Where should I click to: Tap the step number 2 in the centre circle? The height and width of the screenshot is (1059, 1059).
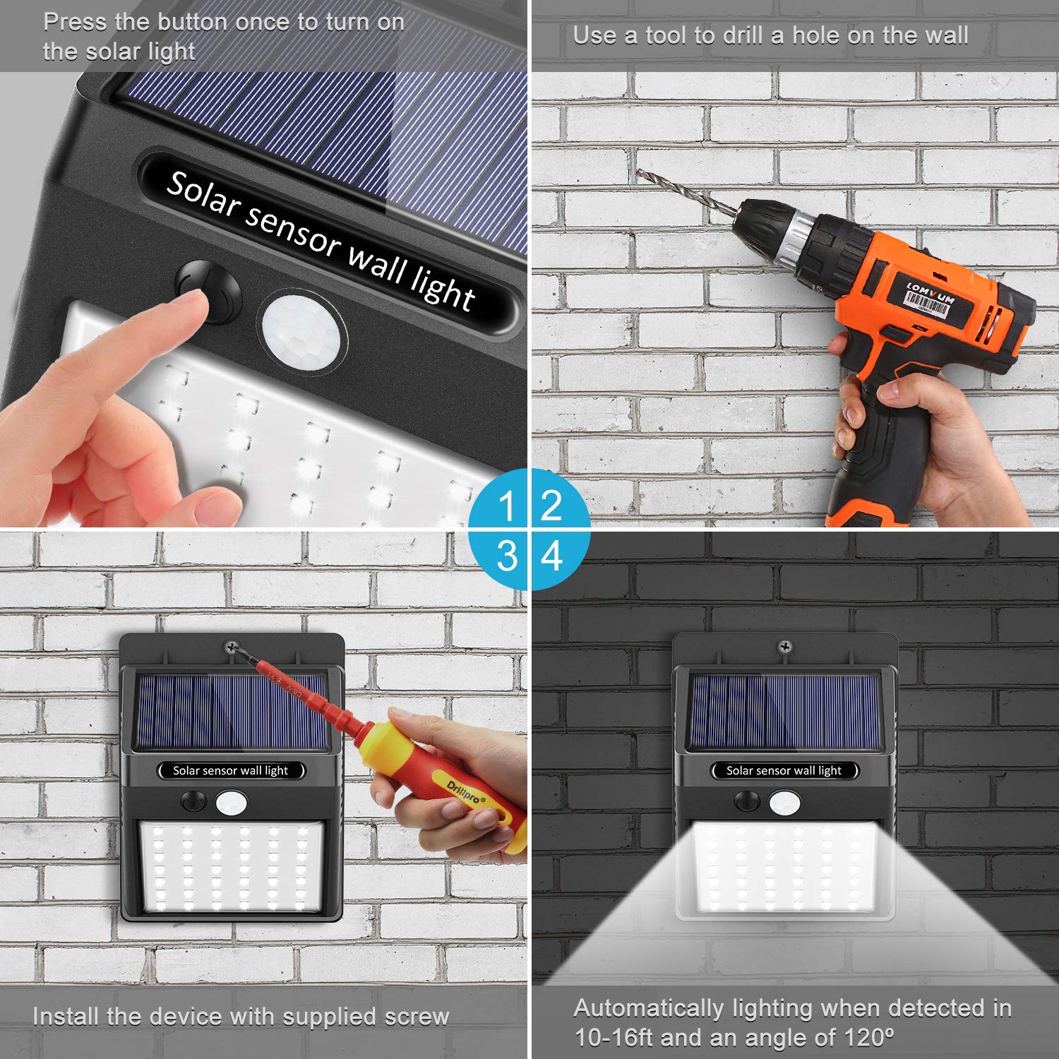point(551,505)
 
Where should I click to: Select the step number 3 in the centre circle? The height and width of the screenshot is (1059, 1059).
point(507,556)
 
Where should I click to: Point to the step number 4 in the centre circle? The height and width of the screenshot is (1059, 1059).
point(551,556)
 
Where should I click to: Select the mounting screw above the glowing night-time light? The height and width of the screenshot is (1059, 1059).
point(784,645)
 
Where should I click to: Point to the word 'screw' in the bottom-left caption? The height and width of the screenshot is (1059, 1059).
point(417,1017)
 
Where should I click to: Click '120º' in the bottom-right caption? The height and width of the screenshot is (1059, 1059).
point(865,1038)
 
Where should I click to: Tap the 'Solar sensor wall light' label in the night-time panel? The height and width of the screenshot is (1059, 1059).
point(784,771)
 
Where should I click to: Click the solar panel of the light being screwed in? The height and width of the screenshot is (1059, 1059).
point(232,712)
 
